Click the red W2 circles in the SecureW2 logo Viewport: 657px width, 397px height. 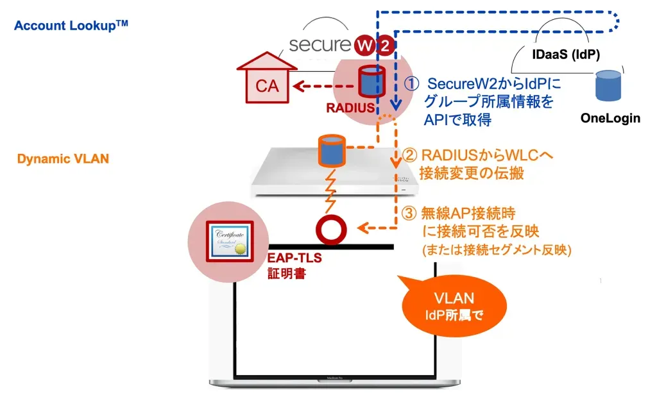coord(376,46)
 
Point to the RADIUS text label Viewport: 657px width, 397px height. coord(350,108)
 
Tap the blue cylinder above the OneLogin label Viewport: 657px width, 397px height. coord(608,85)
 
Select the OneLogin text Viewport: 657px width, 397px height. coord(610,119)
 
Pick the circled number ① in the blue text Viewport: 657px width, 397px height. coord(414,84)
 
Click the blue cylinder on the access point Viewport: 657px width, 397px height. coord(331,149)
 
